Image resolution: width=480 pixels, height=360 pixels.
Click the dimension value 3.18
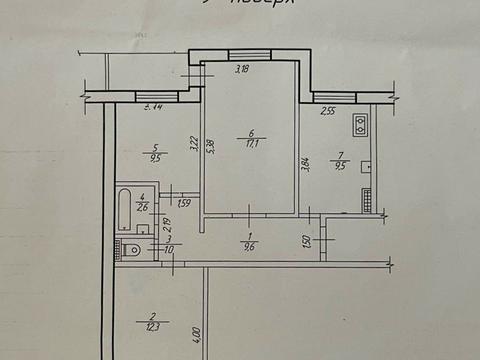(x=242, y=70)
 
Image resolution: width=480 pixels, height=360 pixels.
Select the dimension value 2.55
(x=328, y=112)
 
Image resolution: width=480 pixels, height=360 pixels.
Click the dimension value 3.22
(x=193, y=145)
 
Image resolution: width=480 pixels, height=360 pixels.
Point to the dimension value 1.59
(x=184, y=204)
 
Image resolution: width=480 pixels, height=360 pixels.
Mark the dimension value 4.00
(x=197, y=331)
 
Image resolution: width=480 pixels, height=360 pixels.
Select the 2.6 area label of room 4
(x=143, y=205)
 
